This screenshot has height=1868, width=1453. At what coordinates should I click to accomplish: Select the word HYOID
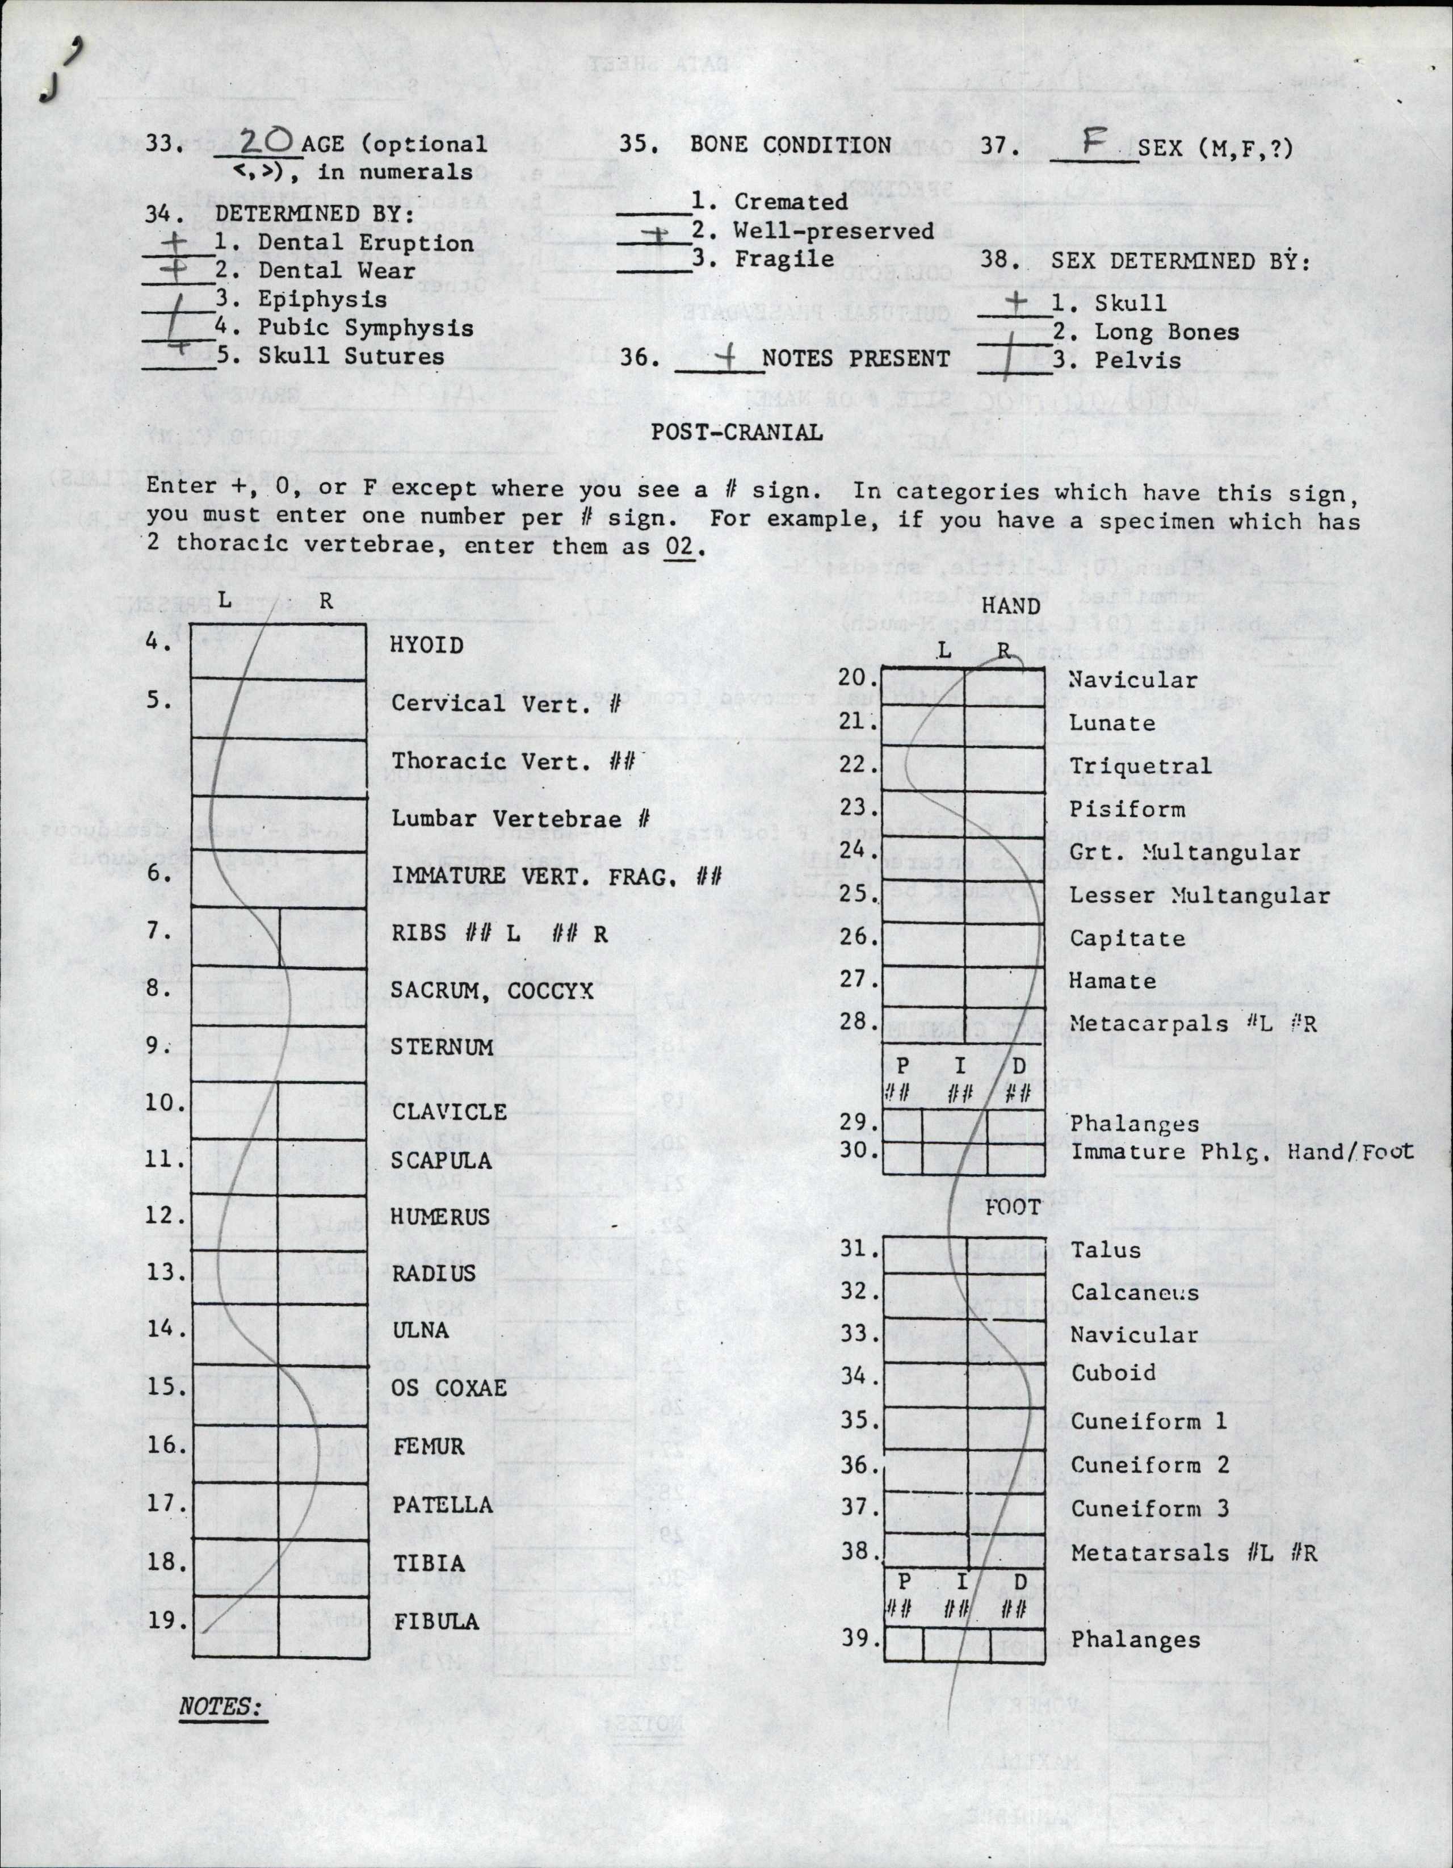coord(427,645)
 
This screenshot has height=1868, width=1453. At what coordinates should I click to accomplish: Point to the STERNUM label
coord(442,1047)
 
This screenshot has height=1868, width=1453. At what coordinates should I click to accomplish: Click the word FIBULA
coord(436,1621)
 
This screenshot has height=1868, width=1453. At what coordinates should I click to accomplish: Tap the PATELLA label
coord(442,1505)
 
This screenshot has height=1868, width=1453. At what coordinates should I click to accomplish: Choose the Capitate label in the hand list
coord(1127,939)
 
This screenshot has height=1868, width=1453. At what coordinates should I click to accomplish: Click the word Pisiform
coord(1127,809)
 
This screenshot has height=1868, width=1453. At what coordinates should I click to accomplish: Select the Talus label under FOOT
coord(1105,1250)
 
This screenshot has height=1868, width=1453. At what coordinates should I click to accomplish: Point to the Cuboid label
coord(1112,1373)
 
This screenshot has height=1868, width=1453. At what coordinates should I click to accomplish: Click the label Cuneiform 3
coord(1149,1508)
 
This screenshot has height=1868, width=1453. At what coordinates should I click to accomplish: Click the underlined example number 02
coord(679,547)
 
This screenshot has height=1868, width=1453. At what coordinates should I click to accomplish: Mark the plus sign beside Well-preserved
coord(656,234)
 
